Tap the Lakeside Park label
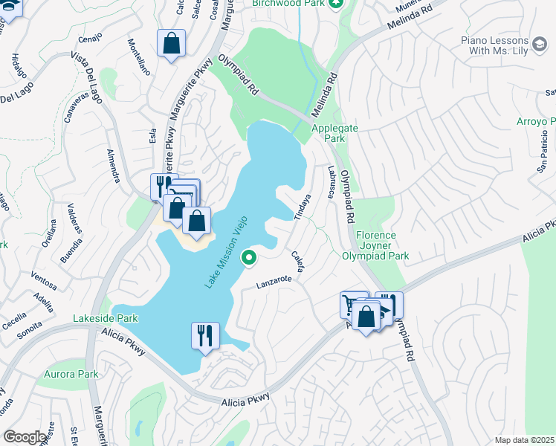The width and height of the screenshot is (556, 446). pyautogui.click(x=106, y=318)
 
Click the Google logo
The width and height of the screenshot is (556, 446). pyautogui.click(x=25, y=436)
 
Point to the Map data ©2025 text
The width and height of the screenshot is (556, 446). pyautogui.click(x=525, y=440)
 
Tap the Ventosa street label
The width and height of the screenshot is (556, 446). pyautogui.click(x=44, y=283)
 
